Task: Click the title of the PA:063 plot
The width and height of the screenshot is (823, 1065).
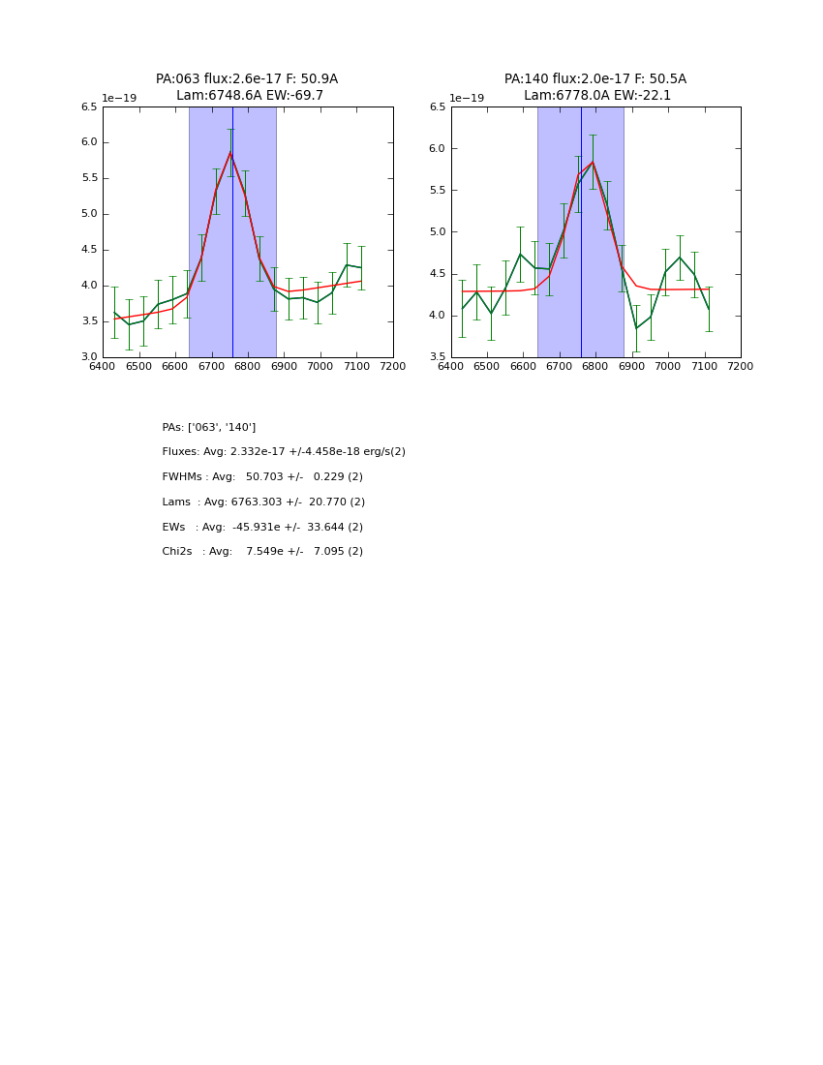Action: (247, 87)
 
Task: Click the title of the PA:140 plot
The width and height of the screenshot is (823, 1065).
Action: (595, 87)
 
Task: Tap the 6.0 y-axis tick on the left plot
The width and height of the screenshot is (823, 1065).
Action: (89, 142)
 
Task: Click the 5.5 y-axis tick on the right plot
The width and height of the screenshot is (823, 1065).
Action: (438, 191)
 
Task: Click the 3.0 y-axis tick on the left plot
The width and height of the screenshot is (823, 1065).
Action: (89, 357)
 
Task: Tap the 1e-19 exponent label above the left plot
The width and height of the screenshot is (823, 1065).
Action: (120, 99)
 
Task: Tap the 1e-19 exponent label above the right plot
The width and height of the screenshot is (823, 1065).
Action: (468, 99)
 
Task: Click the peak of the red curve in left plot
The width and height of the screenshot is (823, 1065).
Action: (230, 151)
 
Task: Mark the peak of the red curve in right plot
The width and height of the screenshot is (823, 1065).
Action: (593, 162)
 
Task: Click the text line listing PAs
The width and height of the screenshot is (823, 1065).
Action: (209, 428)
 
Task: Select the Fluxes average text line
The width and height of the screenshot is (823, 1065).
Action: (284, 452)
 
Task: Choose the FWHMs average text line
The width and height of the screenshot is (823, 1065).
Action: (262, 477)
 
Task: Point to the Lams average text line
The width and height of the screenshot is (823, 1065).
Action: (263, 502)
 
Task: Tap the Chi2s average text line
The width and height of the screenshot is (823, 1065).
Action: (262, 552)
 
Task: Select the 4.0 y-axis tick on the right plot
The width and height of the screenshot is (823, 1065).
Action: (438, 316)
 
